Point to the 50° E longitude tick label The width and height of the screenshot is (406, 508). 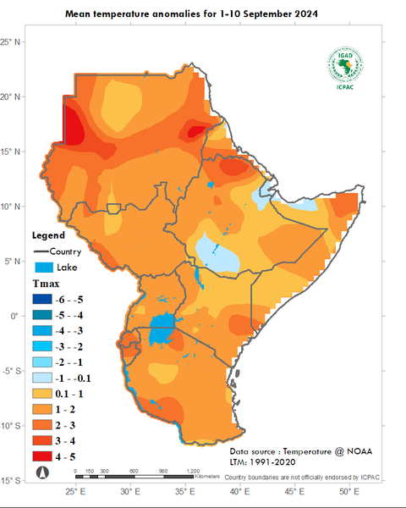[x=346, y=491]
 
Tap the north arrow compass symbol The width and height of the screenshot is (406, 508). [x=41, y=472]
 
